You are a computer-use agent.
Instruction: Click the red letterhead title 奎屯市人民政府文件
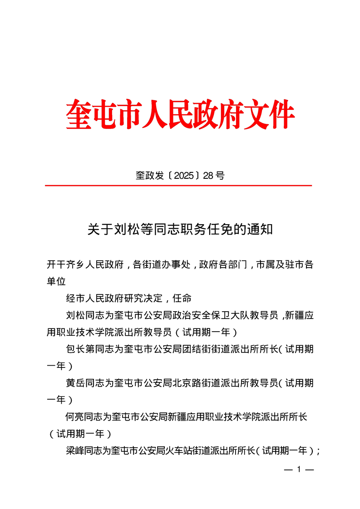[x=180, y=114]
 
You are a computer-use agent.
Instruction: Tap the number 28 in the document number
[x=208, y=176]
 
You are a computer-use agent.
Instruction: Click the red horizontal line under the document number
[x=178, y=186]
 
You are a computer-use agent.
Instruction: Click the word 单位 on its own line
[x=56, y=281]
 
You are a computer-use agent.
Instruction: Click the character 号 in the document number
[x=220, y=176]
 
